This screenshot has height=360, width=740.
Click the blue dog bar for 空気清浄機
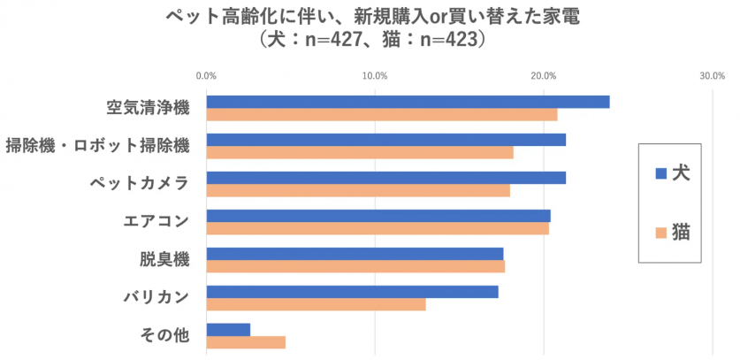click(x=408, y=102)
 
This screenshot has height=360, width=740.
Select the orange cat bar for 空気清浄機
click(x=382, y=115)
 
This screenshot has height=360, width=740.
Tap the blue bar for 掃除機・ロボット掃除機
click(x=385, y=140)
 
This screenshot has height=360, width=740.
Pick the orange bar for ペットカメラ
click(x=358, y=191)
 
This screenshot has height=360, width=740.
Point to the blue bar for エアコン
click(x=378, y=216)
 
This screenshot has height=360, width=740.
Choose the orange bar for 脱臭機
click(x=355, y=266)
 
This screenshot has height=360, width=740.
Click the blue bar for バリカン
click(x=352, y=292)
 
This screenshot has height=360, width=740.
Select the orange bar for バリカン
click(x=316, y=304)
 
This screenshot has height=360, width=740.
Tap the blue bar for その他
click(x=228, y=330)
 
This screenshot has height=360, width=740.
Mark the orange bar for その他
click(x=246, y=342)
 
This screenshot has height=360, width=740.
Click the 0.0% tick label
click(x=206, y=76)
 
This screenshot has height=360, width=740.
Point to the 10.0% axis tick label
click(x=375, y=76)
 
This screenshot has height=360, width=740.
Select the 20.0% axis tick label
click(x=544, y=76)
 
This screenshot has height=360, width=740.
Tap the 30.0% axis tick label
click(x=713, y=76)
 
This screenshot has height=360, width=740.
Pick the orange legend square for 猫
click(x=660, y=234)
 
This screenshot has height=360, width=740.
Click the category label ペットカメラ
click(x=140, y=184)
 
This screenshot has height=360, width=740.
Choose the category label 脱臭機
click(x=164, y=260)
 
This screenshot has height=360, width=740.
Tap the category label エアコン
click(x=157, y=222)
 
